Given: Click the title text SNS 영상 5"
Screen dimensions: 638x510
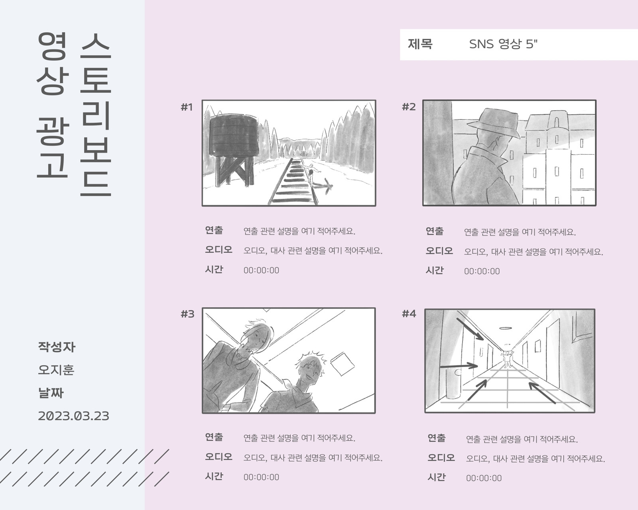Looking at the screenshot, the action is click(503, 44).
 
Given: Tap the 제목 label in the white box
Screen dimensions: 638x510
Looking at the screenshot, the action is click(420, 44).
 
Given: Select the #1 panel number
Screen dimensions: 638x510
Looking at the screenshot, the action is click(187, 107).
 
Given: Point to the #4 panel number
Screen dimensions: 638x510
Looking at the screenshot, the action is click(409, 314).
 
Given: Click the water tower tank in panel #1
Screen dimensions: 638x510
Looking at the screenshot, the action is click(234, 135).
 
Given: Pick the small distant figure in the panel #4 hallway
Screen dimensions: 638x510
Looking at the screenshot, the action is click(507, 359).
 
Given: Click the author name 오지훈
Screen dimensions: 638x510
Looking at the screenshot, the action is click(56, 370).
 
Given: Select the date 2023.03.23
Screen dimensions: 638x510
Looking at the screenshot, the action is click(73, 416).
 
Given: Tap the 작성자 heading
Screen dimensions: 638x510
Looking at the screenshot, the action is click(57, 347).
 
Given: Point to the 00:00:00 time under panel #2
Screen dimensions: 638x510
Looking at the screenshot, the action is click(482, 271).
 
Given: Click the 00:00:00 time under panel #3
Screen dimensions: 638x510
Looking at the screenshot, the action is click(261, 477).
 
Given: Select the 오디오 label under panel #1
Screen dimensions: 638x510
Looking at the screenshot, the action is click(219, 249).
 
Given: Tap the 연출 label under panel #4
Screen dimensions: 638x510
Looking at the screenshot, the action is click(436, 438).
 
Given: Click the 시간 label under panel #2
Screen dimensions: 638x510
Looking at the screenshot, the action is click(434, 270).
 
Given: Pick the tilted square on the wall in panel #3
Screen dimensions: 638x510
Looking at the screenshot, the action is click(342, 363).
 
